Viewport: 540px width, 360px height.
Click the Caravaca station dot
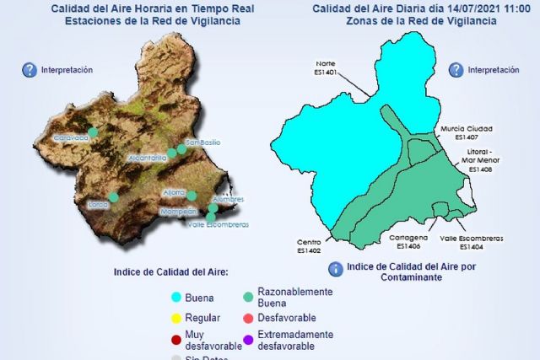pyautogui.click(x=93, y=132)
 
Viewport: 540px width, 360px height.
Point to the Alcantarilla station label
pyautogui.click(x=148, y=158)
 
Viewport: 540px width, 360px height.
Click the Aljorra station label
pyautogui.click(x=174, y=192)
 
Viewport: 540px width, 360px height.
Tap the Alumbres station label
pyautogui.click(x=229, y=199)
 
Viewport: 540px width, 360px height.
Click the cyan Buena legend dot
pyautogui.click(x=176, y=297)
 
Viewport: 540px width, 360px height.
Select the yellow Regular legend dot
pyautogui.click(x=176, y=318)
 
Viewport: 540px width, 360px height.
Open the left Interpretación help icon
pyautogui.click(x=30, y=71)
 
